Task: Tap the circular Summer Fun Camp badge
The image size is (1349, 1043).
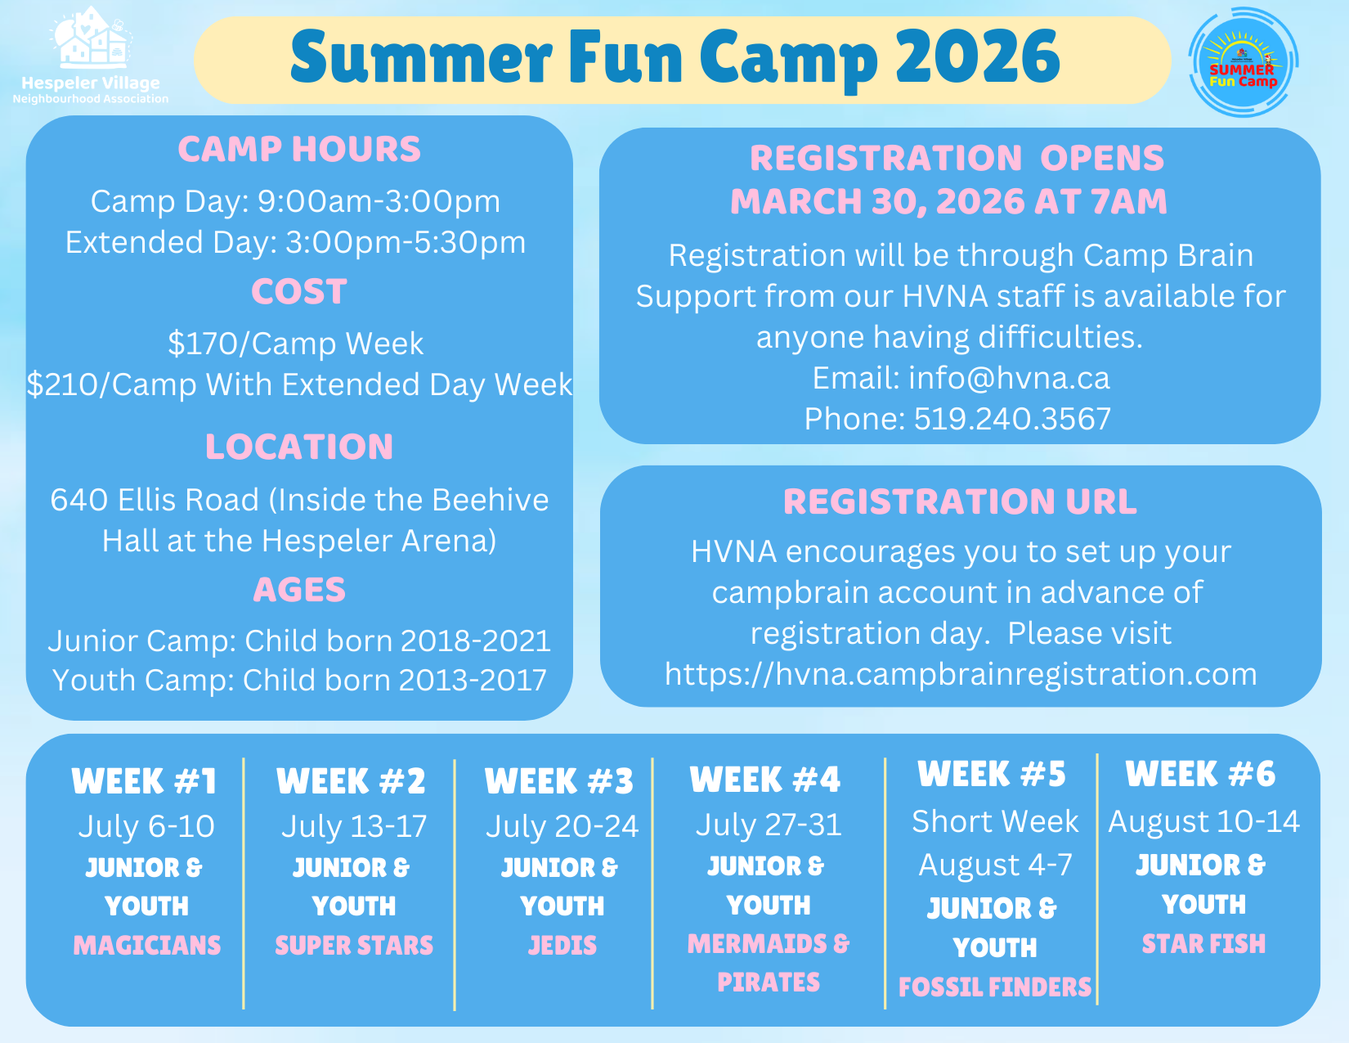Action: [x=1243, y=62]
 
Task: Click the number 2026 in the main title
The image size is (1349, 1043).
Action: [x=978, y=57]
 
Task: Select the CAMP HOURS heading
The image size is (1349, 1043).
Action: [x=299, y=149]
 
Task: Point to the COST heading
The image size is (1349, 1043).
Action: [x=299, y=291]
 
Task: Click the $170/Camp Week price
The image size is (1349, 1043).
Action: [x=295, y=344]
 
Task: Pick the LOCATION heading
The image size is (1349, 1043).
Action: [x=299, y=447]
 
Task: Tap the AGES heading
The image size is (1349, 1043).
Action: [x=299, y=590]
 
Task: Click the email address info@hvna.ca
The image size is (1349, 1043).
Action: [x=1010, y=378]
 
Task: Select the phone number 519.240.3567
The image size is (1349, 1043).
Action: [x=1012, y=419]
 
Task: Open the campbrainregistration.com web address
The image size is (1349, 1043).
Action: [x=961, y=675]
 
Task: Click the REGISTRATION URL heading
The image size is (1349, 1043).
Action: [x=960, y=501]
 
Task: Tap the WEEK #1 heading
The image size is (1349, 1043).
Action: [x=144, y=781]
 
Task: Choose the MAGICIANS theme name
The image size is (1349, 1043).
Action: [x=147, y=946]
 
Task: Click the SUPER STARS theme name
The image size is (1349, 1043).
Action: [x=355, y=946]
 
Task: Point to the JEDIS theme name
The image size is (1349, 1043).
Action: [x=562, y=946]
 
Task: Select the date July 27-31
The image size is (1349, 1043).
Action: [x=769, y=825]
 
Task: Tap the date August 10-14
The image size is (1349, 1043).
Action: [x=1203, y=821]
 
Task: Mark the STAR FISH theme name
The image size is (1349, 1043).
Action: [x=1203, y=944]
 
